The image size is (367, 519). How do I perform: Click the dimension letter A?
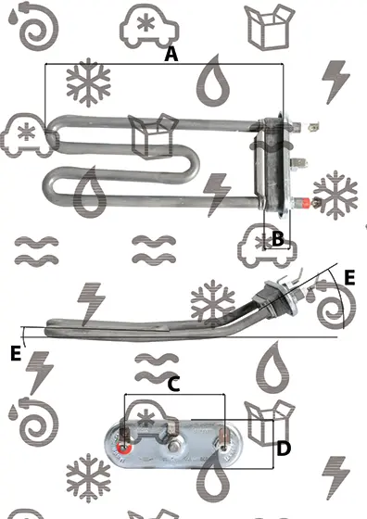[171, 54]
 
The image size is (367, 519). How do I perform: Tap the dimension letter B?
[277, 238]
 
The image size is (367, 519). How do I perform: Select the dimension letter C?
[173, 385]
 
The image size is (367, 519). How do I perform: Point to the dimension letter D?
[284, 449]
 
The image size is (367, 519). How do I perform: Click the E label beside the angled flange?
[349, 277]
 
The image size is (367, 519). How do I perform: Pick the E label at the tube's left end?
[16, 353]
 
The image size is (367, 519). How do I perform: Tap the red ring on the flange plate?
[124, 449]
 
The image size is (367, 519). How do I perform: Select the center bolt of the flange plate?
[172, 447]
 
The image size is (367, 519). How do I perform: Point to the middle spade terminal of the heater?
[298, 162]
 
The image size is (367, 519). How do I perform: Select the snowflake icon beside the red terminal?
[335, 195]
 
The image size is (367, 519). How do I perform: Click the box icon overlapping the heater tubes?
[153, 136]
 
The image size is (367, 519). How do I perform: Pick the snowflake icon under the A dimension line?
[88, 82]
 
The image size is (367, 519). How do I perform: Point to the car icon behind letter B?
[267, 246]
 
